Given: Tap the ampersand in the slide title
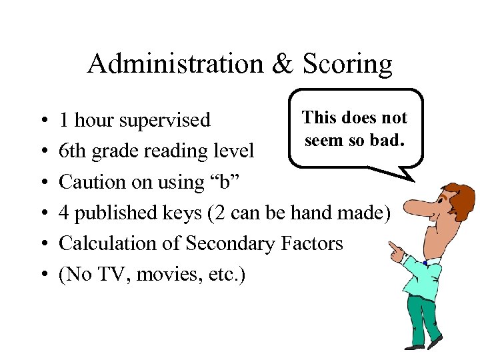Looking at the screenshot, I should [x=279, y=64].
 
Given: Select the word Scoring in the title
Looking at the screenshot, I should [x=347, y=65].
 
